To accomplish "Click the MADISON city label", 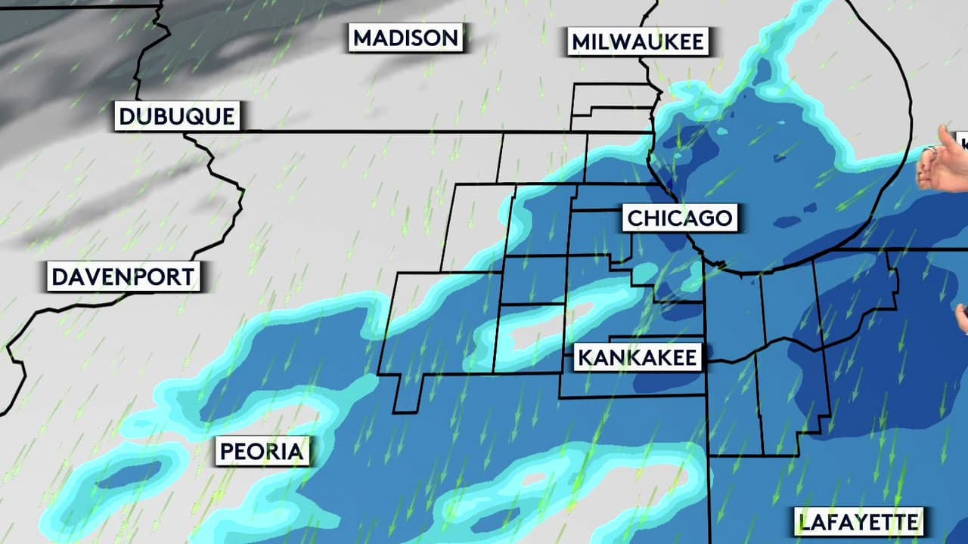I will tap(406, 38).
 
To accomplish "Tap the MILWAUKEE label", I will tap(638, 42).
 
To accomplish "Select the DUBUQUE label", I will tap(178, 117).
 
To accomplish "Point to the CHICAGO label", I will tap(681, 218).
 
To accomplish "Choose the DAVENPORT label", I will tap(123, 277).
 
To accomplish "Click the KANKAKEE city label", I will tap(638, 357).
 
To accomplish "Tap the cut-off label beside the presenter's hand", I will tap(963, 141).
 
